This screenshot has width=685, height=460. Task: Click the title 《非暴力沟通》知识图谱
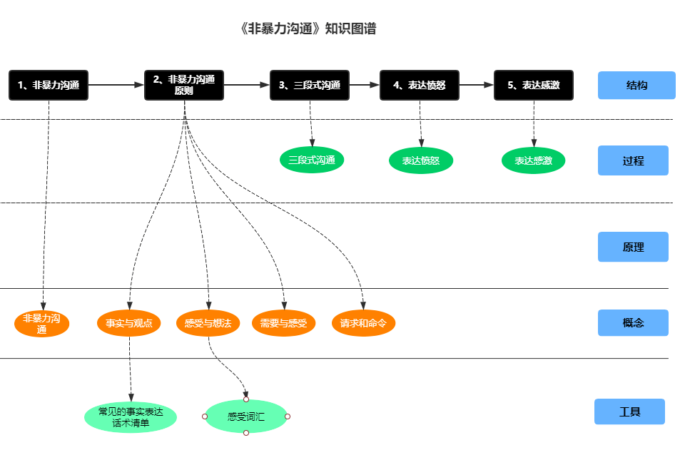(x=308, y=29)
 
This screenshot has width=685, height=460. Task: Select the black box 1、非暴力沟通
(x=49, y=85)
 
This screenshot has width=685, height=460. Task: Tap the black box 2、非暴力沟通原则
(x=184, y=85)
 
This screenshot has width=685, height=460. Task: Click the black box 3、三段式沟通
(x=310, y=85)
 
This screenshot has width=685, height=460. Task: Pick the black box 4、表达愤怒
(x=420, y=85)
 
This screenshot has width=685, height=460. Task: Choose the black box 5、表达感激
(x=534, y=85)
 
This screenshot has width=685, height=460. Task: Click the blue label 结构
(x=636, y=86)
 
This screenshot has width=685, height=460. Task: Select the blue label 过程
(x=633, y=160)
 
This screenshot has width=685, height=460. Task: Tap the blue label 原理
(x=633, y=247)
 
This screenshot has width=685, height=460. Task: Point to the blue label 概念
(x=633, y=322)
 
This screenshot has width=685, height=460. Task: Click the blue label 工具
(x=629, y=412)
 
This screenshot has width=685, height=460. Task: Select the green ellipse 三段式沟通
(x=312, y=160)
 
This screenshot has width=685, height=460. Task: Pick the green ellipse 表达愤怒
(x=421, y=160)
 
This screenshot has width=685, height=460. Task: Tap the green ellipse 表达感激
(x=533, y=160)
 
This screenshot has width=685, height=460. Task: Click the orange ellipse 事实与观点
(x=129, y=323)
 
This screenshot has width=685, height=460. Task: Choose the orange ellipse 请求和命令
(x=363, y=323)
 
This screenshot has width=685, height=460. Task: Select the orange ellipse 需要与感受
(x=283, y=323)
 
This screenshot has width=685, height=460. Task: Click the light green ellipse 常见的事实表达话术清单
(x=130, y=417)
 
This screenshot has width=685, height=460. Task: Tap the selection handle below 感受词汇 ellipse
(x=246, y=433)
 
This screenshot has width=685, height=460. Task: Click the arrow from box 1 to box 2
(x=116, y=85)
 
